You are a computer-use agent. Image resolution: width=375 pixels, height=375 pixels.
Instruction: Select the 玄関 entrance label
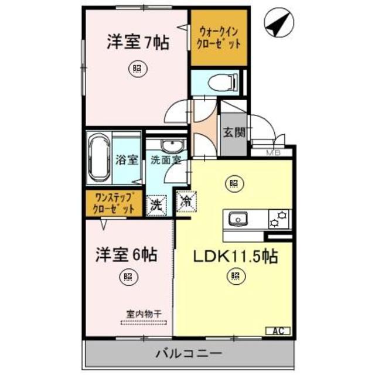[x=234, y=132]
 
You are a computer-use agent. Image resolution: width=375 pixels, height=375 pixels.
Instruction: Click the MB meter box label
[x=274, y=154]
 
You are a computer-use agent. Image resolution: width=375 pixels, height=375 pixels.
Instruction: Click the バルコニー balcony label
[x=188, y=353]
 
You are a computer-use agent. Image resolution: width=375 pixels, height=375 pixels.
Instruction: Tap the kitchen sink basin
[x=238, y=219]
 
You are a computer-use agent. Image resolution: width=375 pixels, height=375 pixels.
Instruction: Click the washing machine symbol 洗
[x=157, y=204]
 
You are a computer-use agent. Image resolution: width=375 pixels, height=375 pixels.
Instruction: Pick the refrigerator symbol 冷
[x=186, y=202]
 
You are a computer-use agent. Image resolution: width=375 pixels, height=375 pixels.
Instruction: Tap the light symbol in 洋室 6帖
[x=127, y=277]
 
